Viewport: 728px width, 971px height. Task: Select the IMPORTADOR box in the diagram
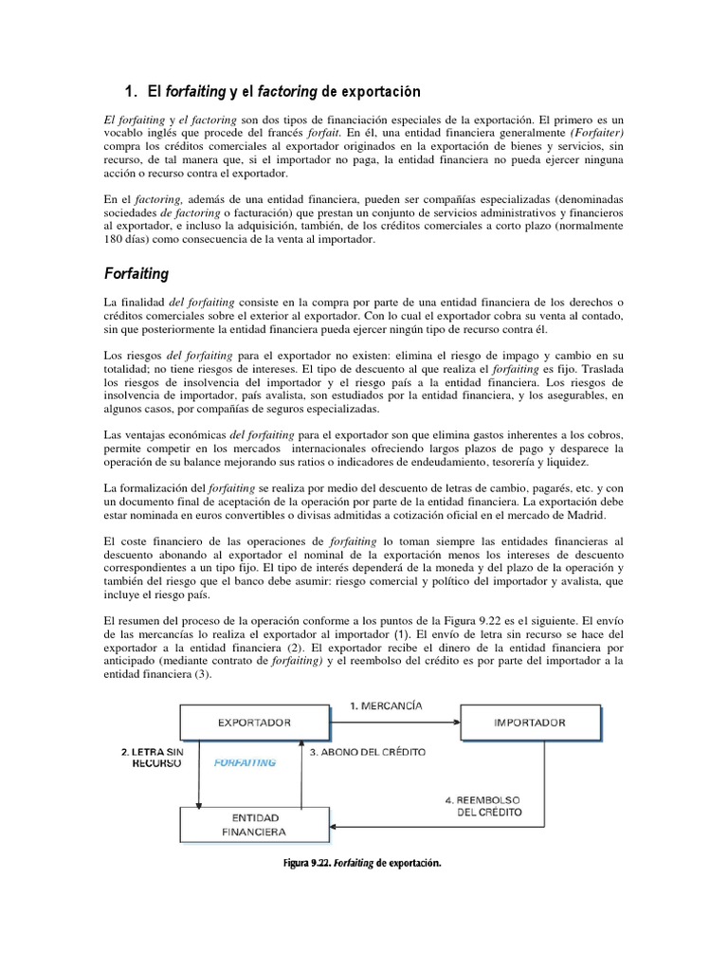tap(530, 723)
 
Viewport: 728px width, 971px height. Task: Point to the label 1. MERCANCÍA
tap(386, 705)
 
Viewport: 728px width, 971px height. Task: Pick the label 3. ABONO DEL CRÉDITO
tap(368, 752)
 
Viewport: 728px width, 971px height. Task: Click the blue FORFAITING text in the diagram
tap(246, 761)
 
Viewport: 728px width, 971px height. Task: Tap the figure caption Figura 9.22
tap(363, 863)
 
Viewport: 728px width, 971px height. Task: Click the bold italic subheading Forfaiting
tap(136, 274)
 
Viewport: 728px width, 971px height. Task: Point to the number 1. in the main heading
tap(133, 92)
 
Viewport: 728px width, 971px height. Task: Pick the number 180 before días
tap(115, 241)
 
